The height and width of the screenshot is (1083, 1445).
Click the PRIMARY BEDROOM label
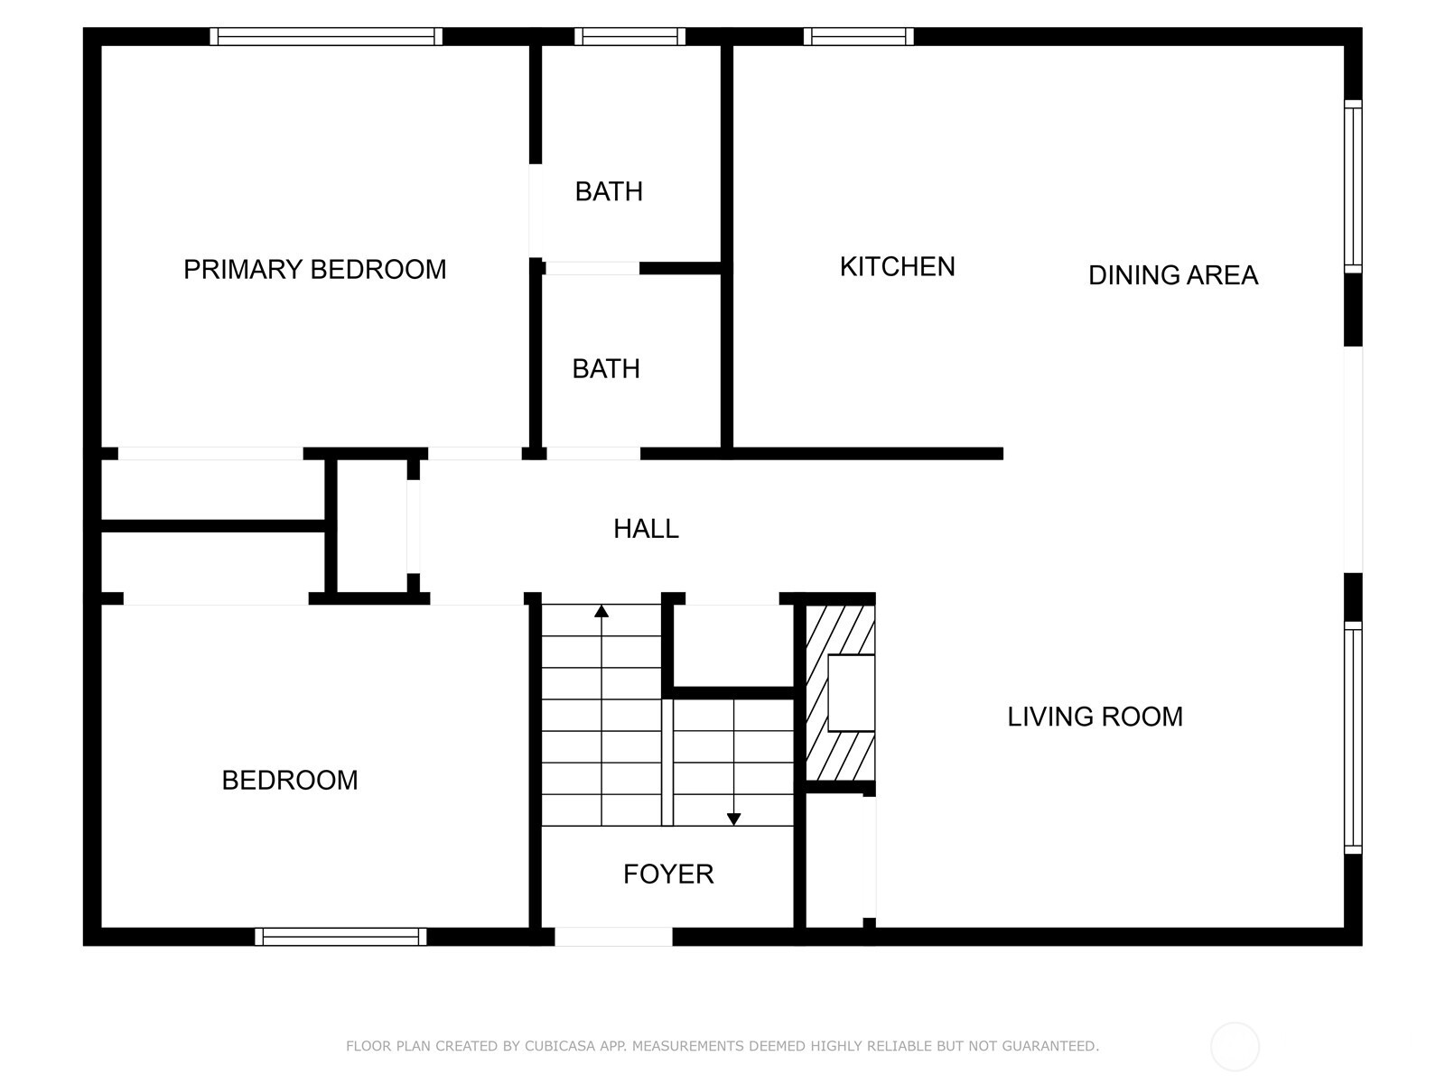tap(314, 269)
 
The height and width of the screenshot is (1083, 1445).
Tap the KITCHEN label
tap(897, 266)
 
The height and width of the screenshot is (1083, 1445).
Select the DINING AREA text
tap(1172, 275)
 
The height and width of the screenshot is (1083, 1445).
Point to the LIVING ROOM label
tap(1095, 717)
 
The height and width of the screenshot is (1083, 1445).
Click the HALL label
tap(646, 529)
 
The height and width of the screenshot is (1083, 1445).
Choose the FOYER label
tap(668, 874)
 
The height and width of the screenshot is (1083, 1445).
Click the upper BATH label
tap(609, 191)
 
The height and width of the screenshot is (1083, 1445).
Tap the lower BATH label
tap(606, 368)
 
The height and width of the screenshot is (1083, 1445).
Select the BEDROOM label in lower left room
tap(290, 780)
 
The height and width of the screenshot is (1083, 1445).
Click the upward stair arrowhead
tap(601, 612)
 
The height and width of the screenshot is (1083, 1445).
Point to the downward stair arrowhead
tap(733, 819)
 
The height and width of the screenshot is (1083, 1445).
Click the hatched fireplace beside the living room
tap(840, 693)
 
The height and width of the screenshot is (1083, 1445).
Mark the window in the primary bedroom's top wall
tap(326, 36)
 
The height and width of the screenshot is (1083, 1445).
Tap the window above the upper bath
tap(629, 36)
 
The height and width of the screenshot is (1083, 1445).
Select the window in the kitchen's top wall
tap(858, 36)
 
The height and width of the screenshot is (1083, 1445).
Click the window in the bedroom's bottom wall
tap(340, 937)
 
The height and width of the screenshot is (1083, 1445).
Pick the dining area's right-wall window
tap(1353, 187)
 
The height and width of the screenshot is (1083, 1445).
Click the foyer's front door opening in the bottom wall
tap(613, 937)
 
